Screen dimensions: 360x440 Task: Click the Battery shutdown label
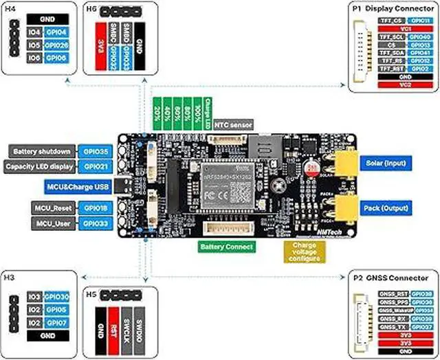pos(41,151)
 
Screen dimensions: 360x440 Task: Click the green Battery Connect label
pos(226,246)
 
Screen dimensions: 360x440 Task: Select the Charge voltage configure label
pos(304,251)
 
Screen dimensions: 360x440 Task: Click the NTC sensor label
pos(234,125)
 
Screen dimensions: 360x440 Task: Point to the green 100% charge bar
pos(197,111)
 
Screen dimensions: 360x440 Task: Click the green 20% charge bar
pos(158,111)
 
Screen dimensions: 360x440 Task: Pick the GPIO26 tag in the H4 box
pos(56,45)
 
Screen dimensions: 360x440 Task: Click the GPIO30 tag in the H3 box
pos(56,297)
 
